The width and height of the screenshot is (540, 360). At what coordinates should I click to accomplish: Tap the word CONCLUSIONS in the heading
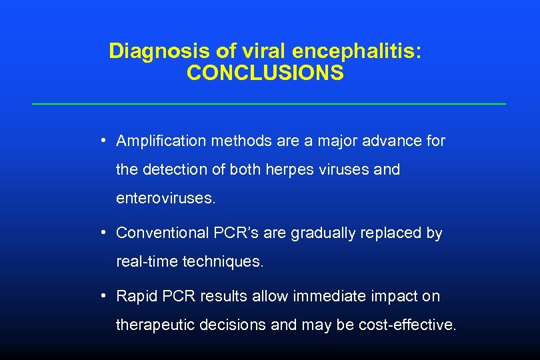[265, 73]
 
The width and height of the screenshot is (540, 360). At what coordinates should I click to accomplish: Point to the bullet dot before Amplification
[105, 140]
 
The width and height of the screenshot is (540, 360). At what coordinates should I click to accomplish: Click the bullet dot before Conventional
[105, 233]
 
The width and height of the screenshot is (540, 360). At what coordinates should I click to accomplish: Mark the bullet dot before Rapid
[105, 295]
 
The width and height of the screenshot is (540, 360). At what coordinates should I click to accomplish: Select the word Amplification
[161, 141]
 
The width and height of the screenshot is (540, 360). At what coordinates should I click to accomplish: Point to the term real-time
[147, 262]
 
